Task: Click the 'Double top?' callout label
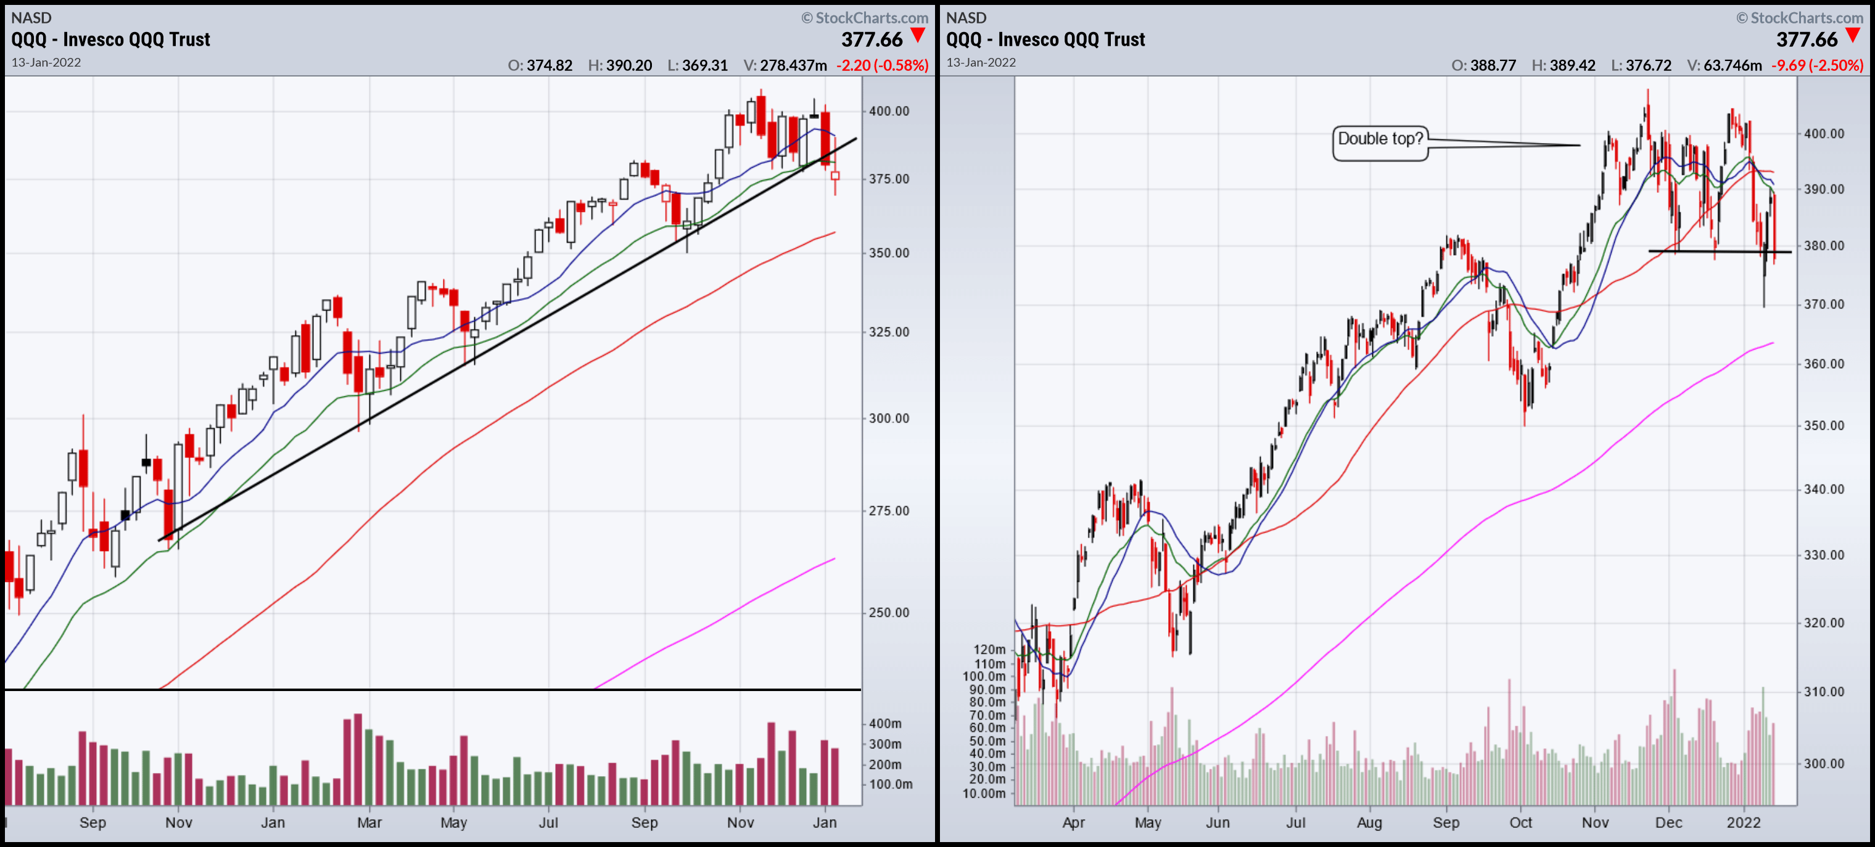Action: click(x=1380, y=139)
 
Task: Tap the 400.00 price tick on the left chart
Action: click(x=889, y=112)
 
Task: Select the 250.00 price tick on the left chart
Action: click(x=889, y=613)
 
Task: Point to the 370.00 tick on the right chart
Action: click(x=1823, y=304)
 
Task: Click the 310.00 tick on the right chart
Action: click(x=1823, y=692)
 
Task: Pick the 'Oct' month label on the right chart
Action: click(x=1520, y=822)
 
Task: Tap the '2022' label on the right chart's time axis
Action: click(x=1743, y=822)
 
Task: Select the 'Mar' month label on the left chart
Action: click(x=369, y=822)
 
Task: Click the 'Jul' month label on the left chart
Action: click(x=548, y=822)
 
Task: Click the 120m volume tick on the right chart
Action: click(x=989, y=650)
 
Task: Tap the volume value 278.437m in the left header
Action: click(x=793, y=65)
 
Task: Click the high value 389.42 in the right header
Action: click(x=1572, y=65)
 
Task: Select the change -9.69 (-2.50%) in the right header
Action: click(x=1817, y=65)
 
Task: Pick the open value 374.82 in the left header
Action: click(x=550, y=65)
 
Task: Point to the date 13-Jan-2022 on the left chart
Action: click(x=46, y=63)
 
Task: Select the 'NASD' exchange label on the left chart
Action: click(x=31, y=17)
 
